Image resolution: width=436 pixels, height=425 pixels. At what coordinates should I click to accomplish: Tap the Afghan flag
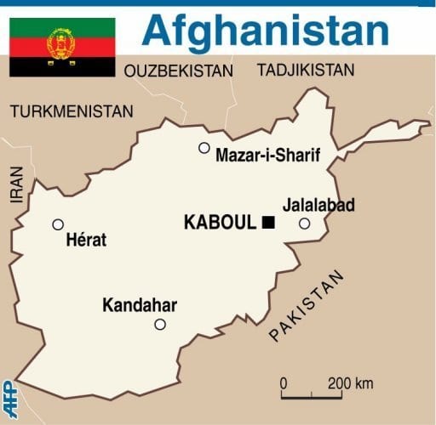coord(62,47)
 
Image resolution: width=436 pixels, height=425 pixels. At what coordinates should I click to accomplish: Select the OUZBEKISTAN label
coord(179,72)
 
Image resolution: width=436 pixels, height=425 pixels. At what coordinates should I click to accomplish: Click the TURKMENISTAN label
coord(72,111)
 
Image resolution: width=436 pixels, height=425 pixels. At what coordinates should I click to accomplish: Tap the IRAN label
coord(16,184)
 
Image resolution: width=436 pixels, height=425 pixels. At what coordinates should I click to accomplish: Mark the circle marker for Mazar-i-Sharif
coord(204,148)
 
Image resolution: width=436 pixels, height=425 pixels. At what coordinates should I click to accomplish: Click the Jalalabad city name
coord(318,206)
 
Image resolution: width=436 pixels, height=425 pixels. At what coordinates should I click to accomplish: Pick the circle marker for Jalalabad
coord(305,224)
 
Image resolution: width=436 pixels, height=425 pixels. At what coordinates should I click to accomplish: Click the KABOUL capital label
coord(220,223)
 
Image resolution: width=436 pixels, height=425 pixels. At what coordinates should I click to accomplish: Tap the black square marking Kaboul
coord(268,223)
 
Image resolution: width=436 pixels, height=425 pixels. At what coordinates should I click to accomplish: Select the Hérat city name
coord(86,241)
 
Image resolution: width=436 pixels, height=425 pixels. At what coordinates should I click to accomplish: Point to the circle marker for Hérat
coord(58,224)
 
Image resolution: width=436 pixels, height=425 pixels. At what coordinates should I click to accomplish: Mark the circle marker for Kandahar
coord(160,324)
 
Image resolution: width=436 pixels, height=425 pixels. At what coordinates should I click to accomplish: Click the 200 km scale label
coord(351,383)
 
